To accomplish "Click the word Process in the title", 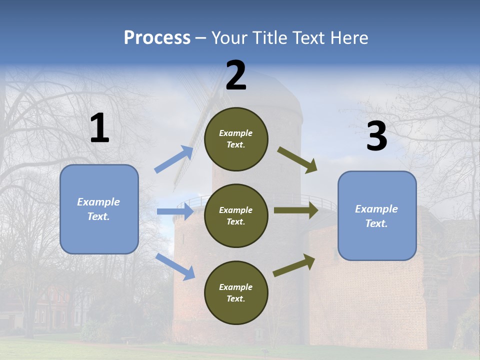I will (x=157, y=38).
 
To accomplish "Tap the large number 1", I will (x=99, y=129).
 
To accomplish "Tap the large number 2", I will (x=236, y=76).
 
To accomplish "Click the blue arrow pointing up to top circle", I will (x=174, y=159).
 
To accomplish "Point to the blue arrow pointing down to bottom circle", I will (x=175, y=266).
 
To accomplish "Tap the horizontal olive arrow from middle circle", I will (x=295, y=210).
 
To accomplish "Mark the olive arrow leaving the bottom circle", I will (x=294, y=265).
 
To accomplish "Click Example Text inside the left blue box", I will (x=98, y=209).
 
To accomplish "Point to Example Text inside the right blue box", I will (x=376, y=216).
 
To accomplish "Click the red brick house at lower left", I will (x=50, y=305).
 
